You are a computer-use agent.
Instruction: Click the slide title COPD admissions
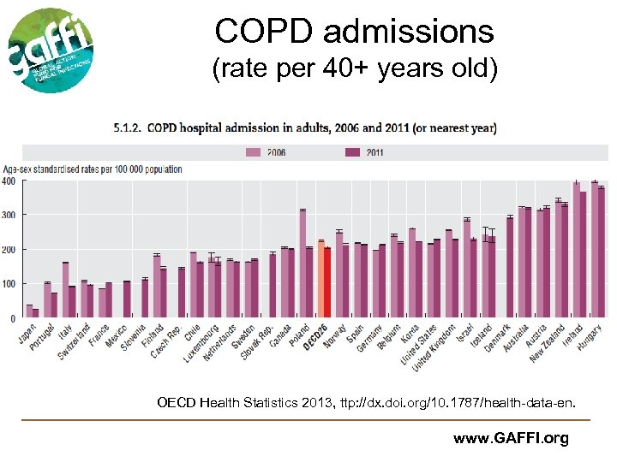tap(354, 32)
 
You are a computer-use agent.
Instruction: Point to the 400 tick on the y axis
tap(9, 181)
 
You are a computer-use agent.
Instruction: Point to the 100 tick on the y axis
tap(9, 284)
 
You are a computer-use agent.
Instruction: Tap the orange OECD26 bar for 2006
tap(320, 279)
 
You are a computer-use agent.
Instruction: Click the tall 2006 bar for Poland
tap(303, 264)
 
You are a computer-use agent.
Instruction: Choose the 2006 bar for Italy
tap(66, 290)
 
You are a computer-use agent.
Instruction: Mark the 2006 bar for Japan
tap(29, 311)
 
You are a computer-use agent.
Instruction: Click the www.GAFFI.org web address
tap(511, 439)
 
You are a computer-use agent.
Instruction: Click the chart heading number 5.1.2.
tap(130, 128)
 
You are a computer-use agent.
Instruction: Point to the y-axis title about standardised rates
tap(92, 169)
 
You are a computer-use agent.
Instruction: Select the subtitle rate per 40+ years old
tap(354, 68)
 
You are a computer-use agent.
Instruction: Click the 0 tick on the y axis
tap(12, 318)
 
